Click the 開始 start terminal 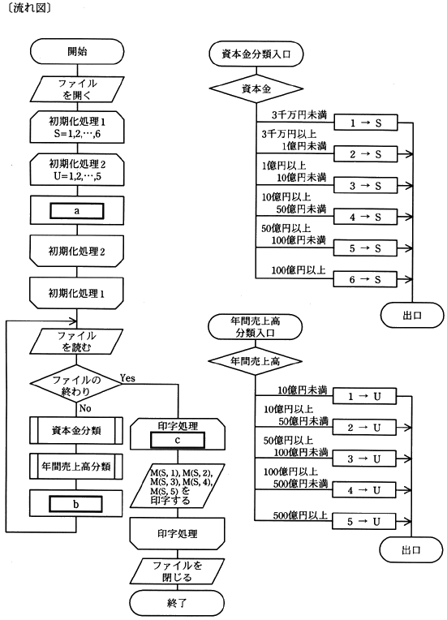(x=77, y=52)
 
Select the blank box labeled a (x=77, y=211)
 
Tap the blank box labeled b (x=75, y=504)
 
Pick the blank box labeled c (x=178, y=440)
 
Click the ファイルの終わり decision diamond (x=76, y=385)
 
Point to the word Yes (x=127, y=378)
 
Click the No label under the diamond (x=85, y=408)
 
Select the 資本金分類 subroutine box (x=76, y=430)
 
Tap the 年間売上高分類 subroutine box (x=76, y=467)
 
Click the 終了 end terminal (x=177, y=603)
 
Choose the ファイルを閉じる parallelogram (x=177, y=571)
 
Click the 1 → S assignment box (x=366, y=123)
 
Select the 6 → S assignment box (x=366, y=279)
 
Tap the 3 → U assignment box (x=364, y=459)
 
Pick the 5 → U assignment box (x=364, y=522)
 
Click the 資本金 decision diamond (x=256, y=89)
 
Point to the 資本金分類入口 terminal (x=256, y=54)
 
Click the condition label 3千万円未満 (x=299, y=115)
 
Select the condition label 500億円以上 (x=300, y=515)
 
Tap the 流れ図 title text (x=29, y=8)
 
